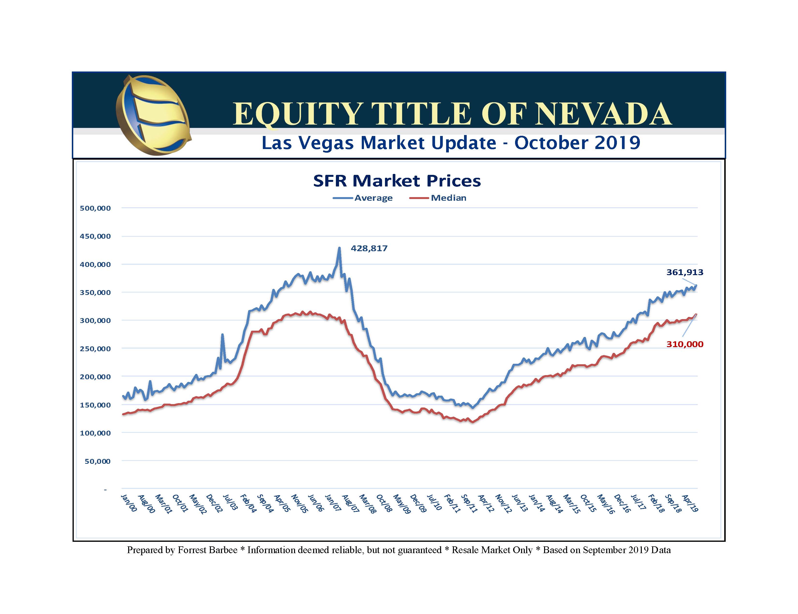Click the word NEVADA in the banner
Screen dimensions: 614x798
click(604, 114)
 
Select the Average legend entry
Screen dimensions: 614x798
click(373, 198)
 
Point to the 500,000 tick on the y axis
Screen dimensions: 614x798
click(95, 208)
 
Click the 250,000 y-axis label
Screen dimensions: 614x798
click(95, 349)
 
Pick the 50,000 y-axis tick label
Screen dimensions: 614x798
click(97, 461)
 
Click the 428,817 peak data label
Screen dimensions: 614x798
click(369, 248)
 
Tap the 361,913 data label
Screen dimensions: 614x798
click(684, 272)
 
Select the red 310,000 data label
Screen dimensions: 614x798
click(684, 344)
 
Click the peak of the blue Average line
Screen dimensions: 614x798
click(339, 248)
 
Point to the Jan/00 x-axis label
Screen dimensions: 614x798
click(129, 503)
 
